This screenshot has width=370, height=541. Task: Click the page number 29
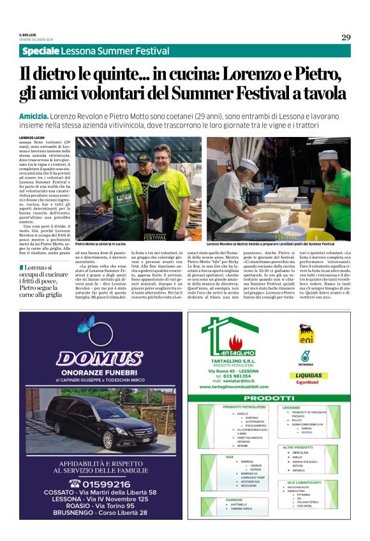345,38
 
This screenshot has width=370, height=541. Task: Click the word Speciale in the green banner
40,51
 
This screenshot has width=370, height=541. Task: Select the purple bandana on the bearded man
117,156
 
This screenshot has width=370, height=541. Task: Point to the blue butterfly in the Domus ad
85,323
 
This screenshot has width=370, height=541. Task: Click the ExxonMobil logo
307,384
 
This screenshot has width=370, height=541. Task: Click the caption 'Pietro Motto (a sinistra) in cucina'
100,243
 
